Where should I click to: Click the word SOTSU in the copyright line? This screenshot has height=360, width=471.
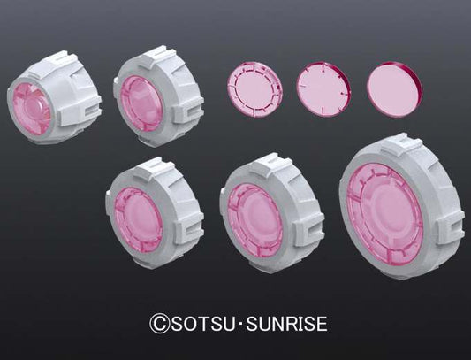pos(203,324)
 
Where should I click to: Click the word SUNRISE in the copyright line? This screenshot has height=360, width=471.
pos(286,324)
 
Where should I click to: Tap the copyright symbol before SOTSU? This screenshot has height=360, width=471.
pos(159,324)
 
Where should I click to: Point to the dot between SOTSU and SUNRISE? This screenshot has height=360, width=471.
pos(240,324)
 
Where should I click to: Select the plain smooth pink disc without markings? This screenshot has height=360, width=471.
pos(394,89)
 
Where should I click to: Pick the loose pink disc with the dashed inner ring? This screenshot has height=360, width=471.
pos(254,89)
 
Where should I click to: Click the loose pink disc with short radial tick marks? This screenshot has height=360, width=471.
pos(323,89)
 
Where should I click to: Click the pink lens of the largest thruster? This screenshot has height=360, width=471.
pos(384,211)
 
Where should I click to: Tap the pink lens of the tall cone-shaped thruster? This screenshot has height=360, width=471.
pos(32,109)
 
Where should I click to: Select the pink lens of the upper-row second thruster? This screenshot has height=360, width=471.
pos(141,103)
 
